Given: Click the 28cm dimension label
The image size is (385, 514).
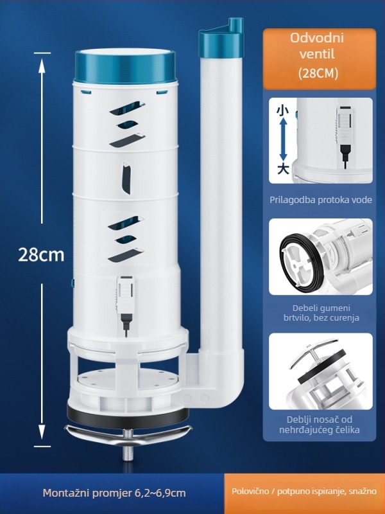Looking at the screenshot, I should click(41, 254).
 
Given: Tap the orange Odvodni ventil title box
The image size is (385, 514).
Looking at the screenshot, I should click(318, 58).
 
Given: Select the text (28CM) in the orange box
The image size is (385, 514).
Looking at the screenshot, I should click(318, 74).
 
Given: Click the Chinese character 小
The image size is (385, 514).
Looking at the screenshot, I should click(280, 111).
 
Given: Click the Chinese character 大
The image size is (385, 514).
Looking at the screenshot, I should click(281, 168).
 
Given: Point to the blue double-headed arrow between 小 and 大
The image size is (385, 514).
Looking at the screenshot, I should click(281, 139).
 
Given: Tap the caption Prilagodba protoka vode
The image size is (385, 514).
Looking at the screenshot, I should click(321, 200).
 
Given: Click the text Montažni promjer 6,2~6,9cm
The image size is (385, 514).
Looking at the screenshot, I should click(114, 493).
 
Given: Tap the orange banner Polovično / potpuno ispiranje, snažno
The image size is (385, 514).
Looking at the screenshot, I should click(305, 492).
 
